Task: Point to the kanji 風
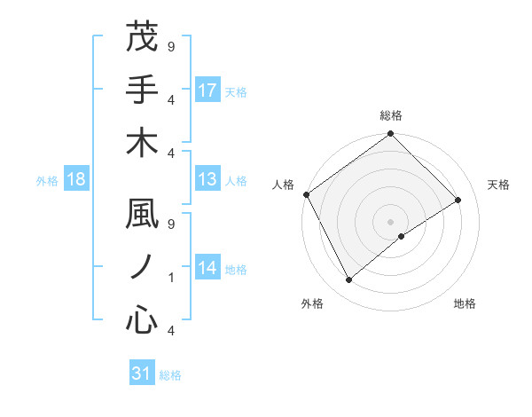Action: (x=142, y=215)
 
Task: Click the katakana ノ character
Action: (x=142, y=268)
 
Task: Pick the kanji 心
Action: (x=142, y=321)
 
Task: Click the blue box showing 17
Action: (x=207, y=90)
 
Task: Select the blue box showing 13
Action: (x=207, y=180)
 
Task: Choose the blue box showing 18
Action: (x=76, y=180)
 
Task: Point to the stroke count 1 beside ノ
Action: (x=170, y=278)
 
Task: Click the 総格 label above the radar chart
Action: (x=390, y=115)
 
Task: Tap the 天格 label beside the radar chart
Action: (x=499, y=185)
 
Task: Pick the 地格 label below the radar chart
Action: (x=465, y=303)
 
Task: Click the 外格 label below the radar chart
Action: (x=312, y=303)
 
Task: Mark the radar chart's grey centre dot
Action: (x=390, y=221)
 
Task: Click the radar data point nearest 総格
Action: (x=390, y=135)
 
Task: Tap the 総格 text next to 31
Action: (x=170, y=375)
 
